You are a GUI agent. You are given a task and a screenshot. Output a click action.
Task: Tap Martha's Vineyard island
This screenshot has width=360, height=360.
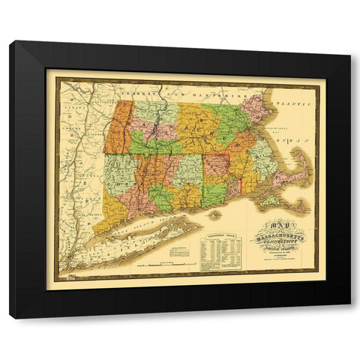pos(269,201)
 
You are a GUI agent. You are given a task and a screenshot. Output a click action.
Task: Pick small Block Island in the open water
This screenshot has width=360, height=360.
pos(216,213)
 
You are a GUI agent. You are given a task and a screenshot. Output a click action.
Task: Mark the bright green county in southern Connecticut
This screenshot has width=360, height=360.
pos(160,199)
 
